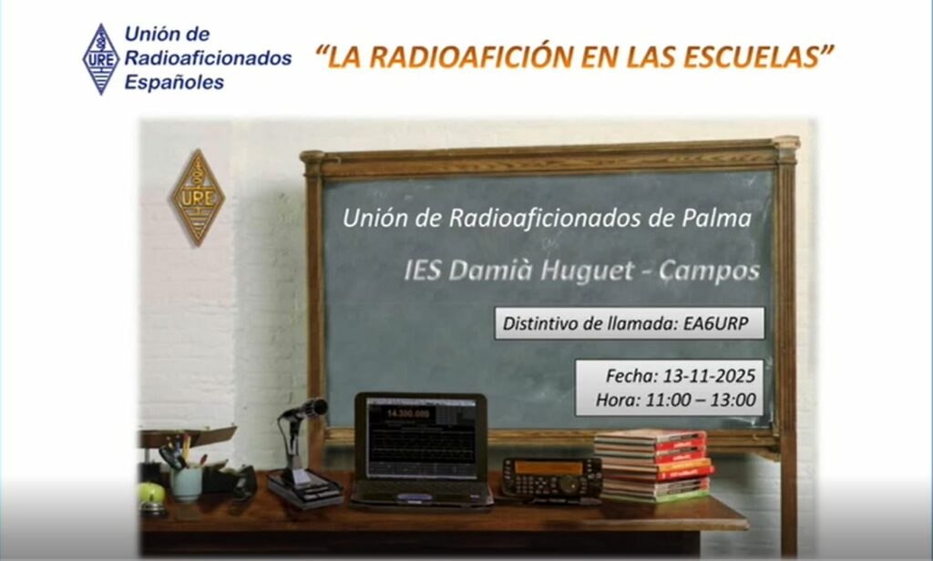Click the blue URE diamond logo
click(100, 59)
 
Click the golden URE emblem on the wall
click(198, 198)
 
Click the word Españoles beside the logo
click(174, 82)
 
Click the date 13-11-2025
click(709, 376)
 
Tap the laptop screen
click(421, 438)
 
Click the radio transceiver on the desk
click(551, 478)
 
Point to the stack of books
click(654, 465)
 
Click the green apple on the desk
click(152, 494)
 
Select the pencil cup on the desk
click(187, 484)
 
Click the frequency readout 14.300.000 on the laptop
click(407, 413)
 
